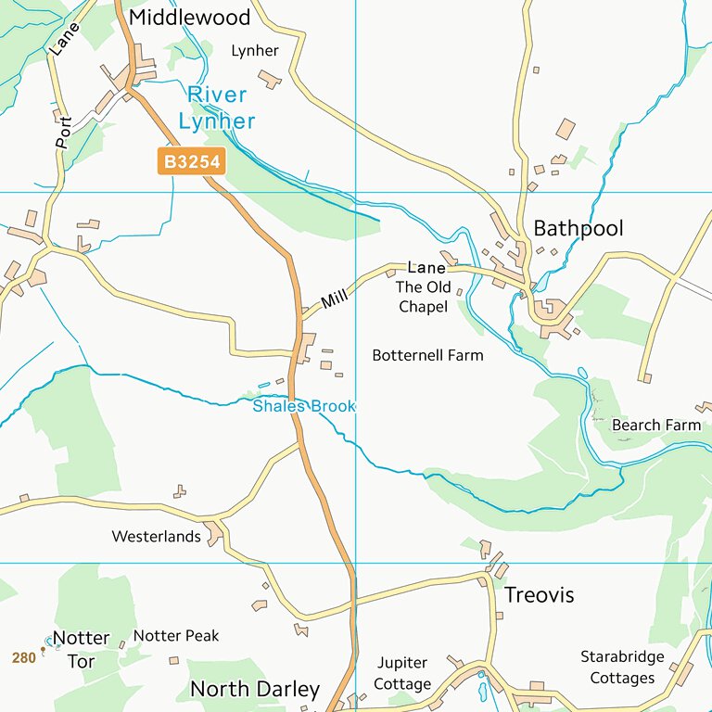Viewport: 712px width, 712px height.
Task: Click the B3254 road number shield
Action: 192,162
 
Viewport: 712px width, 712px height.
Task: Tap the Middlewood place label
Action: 190,18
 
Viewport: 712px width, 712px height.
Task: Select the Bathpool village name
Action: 578,228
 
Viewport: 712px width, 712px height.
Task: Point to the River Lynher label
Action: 217,108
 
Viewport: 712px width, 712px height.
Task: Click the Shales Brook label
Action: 304,406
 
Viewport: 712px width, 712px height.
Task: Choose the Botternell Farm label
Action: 427,355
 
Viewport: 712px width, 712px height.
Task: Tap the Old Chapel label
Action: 424,297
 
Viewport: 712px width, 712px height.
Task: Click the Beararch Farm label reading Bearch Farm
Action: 656,425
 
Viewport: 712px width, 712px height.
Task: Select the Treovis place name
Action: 539,595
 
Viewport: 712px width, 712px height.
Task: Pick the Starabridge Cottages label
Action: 622,667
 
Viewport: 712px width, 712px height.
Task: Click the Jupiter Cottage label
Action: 403,674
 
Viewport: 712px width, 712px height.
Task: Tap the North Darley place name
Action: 255,689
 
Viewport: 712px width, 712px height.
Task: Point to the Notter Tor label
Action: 81,648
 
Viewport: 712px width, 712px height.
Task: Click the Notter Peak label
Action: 176,636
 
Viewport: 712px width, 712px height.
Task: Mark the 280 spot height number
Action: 24,657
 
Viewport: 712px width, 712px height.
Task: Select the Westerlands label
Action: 156,536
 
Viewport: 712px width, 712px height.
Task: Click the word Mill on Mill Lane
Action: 334,299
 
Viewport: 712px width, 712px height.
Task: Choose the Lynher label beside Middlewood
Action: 254,51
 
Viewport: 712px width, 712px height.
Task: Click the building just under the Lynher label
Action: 270,79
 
